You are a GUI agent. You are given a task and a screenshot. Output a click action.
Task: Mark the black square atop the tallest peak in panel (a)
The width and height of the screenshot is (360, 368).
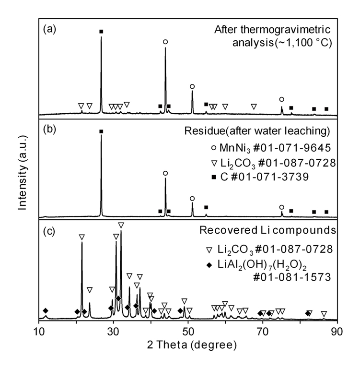tap(101, 32)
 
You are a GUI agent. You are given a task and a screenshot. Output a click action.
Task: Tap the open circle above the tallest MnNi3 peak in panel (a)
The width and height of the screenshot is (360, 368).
tap(165, 42)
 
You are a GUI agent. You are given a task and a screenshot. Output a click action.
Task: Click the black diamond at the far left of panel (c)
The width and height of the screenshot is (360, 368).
tap(46, 310)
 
